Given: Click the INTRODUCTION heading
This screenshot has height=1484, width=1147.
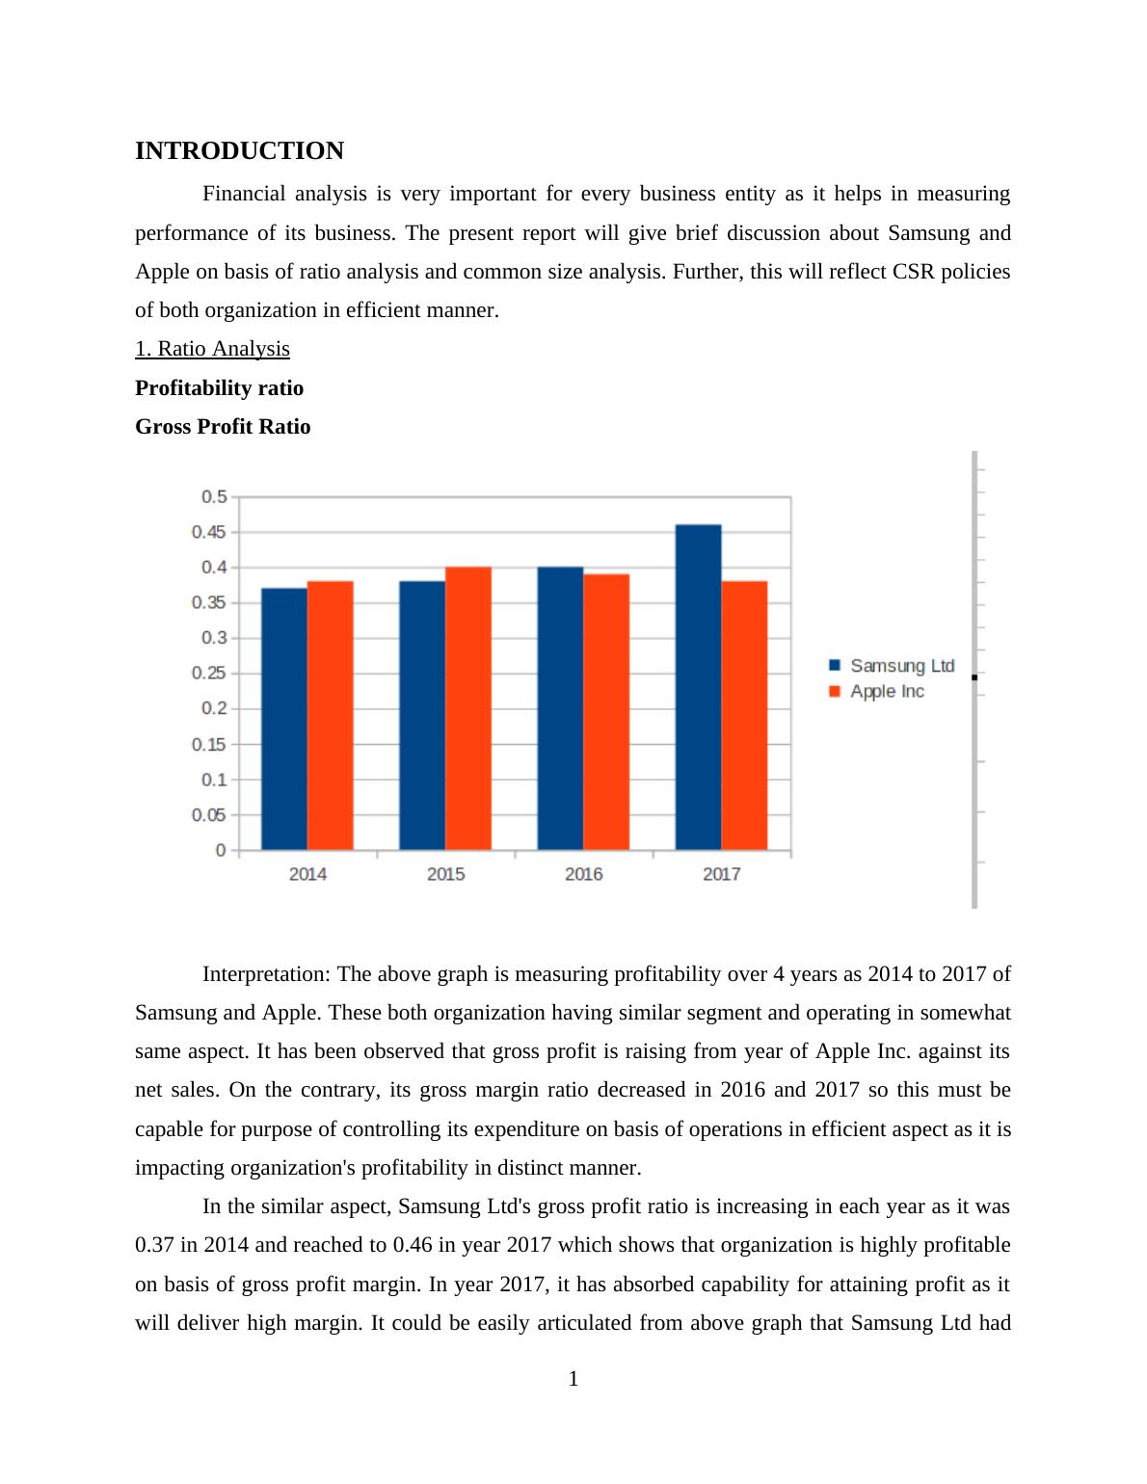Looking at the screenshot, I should [239, 151].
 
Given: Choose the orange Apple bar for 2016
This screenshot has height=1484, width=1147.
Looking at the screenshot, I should [606, 712].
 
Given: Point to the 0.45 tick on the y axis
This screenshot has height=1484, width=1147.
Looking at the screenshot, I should [209, 532].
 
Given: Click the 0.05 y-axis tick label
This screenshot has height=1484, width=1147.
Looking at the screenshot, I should [209, 815].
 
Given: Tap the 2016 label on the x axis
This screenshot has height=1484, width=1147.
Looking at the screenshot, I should [583, 874].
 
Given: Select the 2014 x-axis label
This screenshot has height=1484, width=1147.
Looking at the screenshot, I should [307, 874].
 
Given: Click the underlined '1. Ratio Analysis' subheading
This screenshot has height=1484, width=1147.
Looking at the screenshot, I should [212, 349].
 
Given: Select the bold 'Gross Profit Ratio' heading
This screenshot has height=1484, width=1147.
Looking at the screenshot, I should [223, 427].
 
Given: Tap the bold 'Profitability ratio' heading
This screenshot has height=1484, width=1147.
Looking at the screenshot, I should [219, 388].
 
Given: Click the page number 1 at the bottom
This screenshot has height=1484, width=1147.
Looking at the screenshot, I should [573, 1379].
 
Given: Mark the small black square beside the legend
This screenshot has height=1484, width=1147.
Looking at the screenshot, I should [974, 677].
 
